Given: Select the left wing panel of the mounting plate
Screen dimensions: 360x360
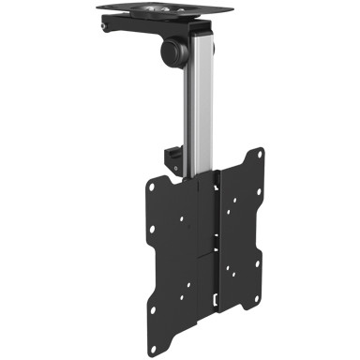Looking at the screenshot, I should pos(169,234).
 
